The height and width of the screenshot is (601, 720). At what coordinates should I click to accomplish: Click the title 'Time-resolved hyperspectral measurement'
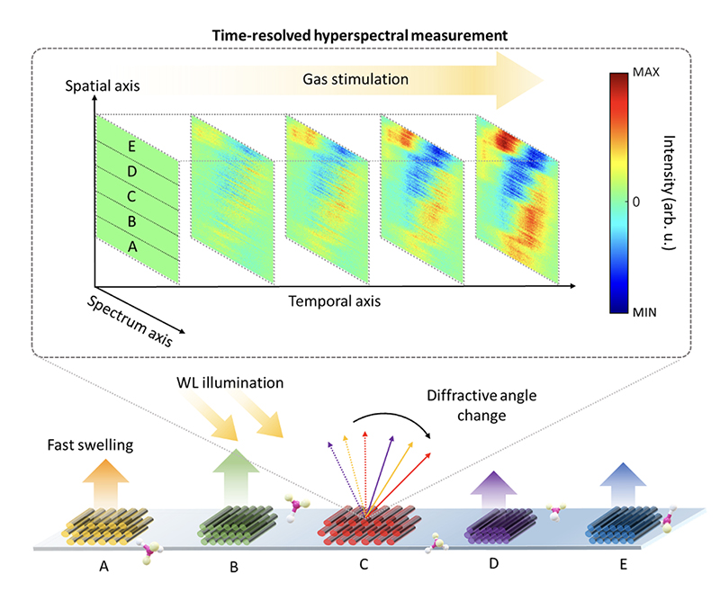click(359, 33)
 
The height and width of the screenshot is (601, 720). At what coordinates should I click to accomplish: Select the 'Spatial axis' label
click(102, 87)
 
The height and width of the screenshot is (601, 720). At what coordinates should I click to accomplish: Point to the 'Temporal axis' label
click(333, 300)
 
